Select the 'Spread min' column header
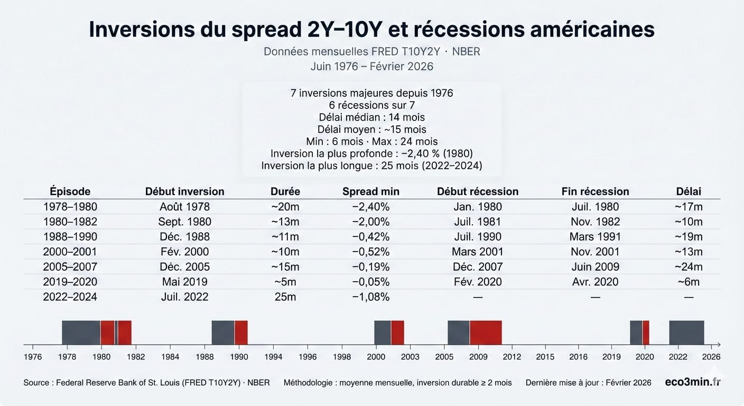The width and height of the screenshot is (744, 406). pyautogui.click(x=371, y=191)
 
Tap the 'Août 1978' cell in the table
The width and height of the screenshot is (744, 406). pyautogui.click(x=184, y=207)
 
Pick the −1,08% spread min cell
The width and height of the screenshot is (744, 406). pyautogui.click(x=371, y=297)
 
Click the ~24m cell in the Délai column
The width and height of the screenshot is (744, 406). pyautogui.click(x=689, y=267)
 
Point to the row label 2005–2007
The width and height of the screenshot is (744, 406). pyautogui.click(x=70, y=267)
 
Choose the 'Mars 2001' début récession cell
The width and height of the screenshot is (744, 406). pyautogui.click(x=478, y=252)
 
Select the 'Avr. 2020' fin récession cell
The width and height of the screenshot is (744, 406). pyautogui.click(x=595, y=282)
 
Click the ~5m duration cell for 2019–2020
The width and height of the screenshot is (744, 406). pyautogui.click(x=285, y=282)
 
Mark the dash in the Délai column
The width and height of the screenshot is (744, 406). pyautogui.click(x=689, y=297)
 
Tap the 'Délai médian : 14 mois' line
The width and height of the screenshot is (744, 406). pyautogui.click(x=371, y=117)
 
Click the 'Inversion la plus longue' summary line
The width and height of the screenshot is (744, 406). pyautogui.click(x=371, y=165)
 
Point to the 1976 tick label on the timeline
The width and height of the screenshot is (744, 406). pyautogui.click(x=33, y=357)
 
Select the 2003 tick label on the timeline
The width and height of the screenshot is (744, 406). pyautogui.click(x=410, y=357)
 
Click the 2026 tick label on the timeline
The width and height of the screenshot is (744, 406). pyautogui.click(x=711, y=357)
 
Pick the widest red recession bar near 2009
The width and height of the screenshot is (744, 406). pyautogui.click(x=486, y=333)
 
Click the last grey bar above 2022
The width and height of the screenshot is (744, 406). pyautogui.click(x=686, y=333)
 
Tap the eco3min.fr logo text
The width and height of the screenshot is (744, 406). pyautogui.click(x=692, y=382)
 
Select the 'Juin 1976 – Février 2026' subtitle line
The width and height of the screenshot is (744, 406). pyautogui.click(x=371, y=67)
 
